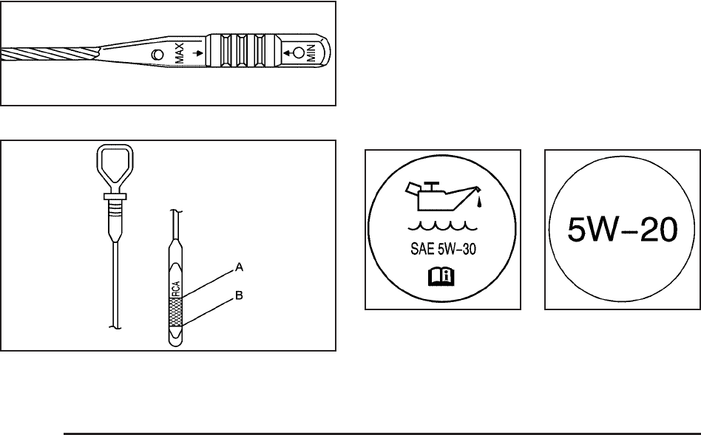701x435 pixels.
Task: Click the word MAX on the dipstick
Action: click(x=179, y=52)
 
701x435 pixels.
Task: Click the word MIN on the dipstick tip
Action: click(x=311, y=53)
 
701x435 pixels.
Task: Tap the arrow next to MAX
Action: click(x=197, y=54)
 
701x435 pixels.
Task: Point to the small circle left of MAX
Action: click(x=158, y=55)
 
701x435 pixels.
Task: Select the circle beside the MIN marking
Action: click(x=299, y=54)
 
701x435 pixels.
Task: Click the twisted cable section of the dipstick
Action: click(x=50, y=55)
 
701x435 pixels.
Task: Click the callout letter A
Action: click(x=239, y=267)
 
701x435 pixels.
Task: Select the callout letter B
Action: click(x=239, y=295)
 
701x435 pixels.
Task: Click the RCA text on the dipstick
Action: click(x=176, y=289)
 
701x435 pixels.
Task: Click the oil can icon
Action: click(x=444, y=195)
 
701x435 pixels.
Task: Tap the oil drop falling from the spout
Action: click(x=480, y=203)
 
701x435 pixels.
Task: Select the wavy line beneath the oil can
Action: click(x=443, y=227)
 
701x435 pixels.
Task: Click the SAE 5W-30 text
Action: click(x=443, y=249)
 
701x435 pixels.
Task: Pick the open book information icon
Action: click(x=441, y=276)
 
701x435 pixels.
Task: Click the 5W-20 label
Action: click(x=623, y=230)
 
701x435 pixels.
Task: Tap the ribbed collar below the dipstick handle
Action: click(x=115, y=208)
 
